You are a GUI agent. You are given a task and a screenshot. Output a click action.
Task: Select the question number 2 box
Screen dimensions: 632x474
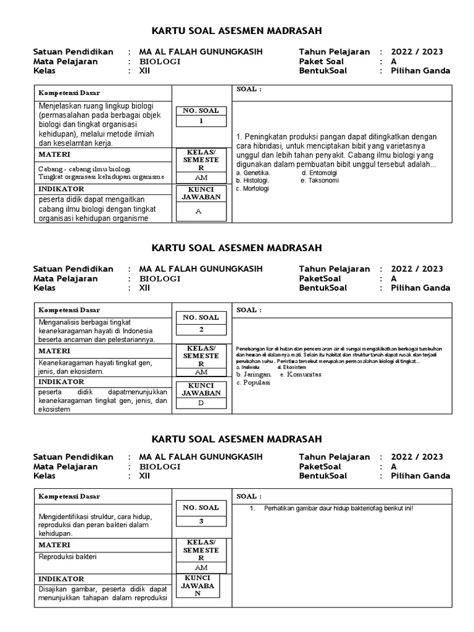[x=200, y=330]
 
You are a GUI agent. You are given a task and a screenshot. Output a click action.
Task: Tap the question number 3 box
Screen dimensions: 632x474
[x=200, y=522]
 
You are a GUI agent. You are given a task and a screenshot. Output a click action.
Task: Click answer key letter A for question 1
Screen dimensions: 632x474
[x=199, y=211]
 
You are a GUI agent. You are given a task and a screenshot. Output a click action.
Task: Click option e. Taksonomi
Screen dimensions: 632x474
[x=320, y=181]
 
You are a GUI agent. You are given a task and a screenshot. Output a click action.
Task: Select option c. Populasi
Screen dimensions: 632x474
[x=253, y=383]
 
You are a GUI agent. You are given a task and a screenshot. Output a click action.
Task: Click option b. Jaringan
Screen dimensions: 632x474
[x=254, y=374]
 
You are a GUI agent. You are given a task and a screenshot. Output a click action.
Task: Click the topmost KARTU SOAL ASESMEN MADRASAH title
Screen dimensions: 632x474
[x=237, y=31]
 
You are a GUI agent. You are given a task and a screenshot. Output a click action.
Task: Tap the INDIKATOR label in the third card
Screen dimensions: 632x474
[x=61, y=579]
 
